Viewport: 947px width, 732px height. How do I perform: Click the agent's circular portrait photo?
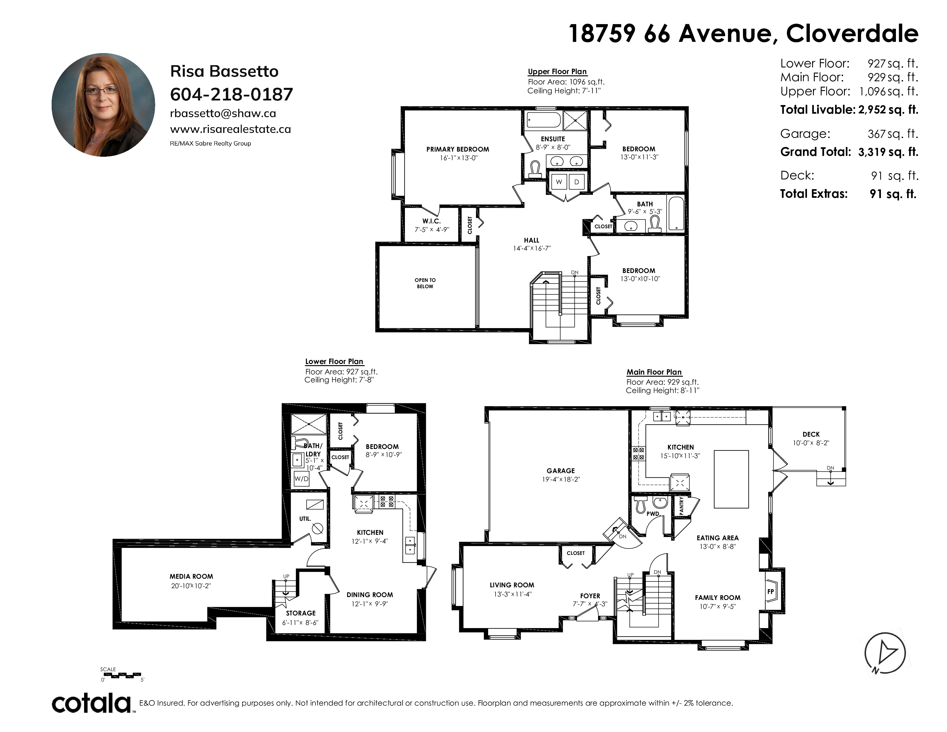(103, 105)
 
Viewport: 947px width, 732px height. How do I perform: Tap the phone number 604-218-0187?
(232, 94)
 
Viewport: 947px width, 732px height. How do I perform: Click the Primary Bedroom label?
(457, 149)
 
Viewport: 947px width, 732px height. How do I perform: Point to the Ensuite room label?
(553, 139)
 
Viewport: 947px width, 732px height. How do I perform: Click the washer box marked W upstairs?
(559, 182)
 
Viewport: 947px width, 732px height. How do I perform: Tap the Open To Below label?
(425, 283)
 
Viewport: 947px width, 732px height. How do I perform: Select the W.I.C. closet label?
(431, 221)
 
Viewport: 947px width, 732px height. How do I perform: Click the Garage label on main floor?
(561, 470)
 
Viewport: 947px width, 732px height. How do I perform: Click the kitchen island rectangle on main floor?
(731, 479)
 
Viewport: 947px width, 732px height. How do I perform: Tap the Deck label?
(811, 434)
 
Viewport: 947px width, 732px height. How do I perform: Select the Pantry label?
(681, 506)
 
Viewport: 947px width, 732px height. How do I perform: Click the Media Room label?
(191, 576)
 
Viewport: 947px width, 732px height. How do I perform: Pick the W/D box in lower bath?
(301, 479)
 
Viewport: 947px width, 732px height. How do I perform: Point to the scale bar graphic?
(121, 675)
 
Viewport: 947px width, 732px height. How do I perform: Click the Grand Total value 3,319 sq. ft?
(888, 152)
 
